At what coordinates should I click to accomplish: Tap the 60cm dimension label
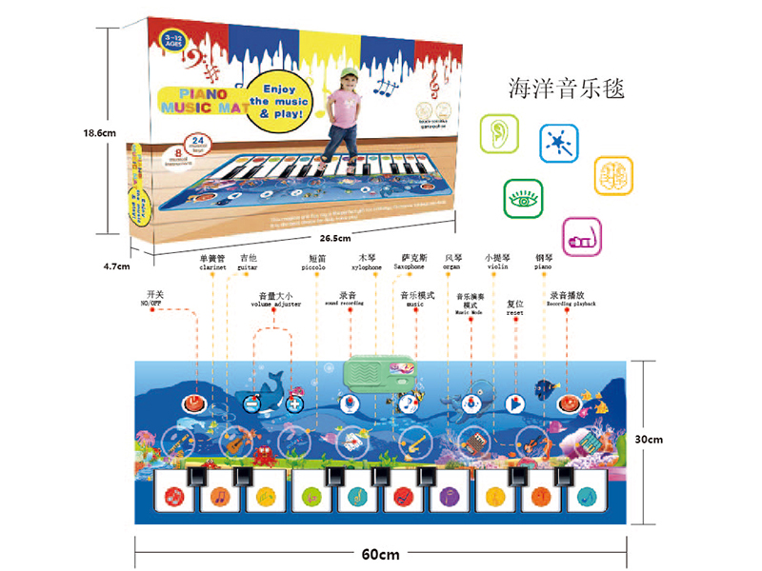pyautogui.click(x=380, y=555)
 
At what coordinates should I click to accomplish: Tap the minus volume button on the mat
pyautogui.click(x=253, y=404)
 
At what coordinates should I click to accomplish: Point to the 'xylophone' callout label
pyautogui.click(x=368, y=268)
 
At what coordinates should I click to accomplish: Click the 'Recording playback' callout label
pyautogui.click(x=571, y=304)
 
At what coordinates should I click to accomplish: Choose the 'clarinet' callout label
pyautogui.click(x=211, y=268)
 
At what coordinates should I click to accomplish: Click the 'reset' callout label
pyautogui.click(x=515, y=311)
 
